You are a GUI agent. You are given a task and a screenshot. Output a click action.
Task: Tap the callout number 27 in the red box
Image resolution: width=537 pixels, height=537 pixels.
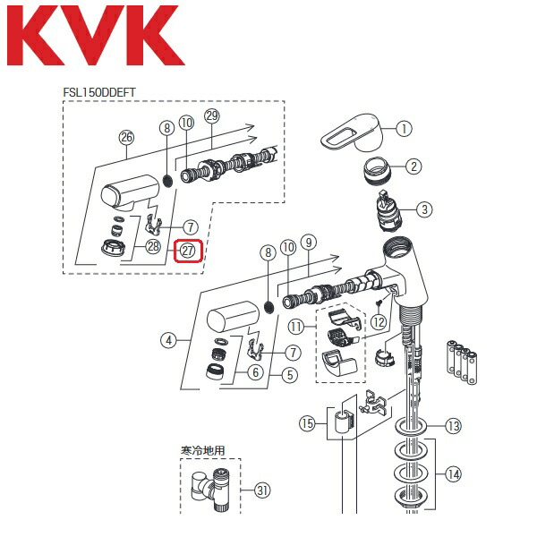pyautogui.click(x=189, y=251)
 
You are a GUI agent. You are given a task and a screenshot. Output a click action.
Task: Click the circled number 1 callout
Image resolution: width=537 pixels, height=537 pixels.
pyautogui.click(x=404, y=129)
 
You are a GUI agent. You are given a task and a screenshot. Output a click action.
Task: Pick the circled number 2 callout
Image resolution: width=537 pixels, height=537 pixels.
pyautogui.click(x=413, y=166)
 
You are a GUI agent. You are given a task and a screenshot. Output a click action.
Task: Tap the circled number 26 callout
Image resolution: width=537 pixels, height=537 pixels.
pyautogui.click(x=126, y=137)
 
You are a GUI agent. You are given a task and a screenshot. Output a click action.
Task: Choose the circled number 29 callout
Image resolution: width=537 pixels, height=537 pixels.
pyautogui.click(x=211, y=117)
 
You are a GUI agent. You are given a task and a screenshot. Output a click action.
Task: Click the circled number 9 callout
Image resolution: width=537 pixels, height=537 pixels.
pyautogui.click(x=310, y=242)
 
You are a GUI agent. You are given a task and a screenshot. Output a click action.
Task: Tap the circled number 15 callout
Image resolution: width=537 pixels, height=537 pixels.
pyautogui.click(x=309, y=422)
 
